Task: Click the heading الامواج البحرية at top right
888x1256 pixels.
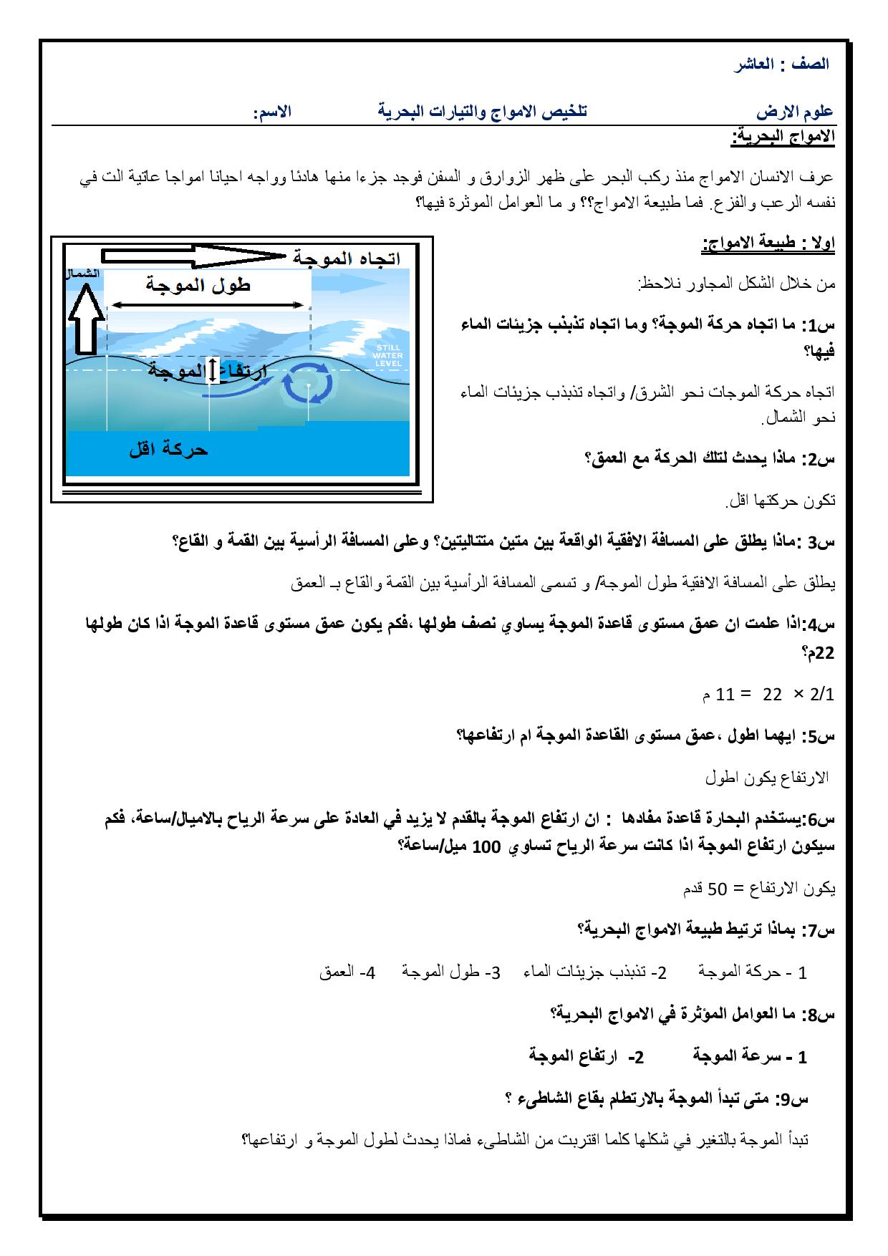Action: tap(782, 137)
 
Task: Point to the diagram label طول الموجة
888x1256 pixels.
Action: tap(198, 285)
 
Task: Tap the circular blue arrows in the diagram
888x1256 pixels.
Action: tap(307, 384)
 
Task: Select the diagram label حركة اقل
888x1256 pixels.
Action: tap(168, 450)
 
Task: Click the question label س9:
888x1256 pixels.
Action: tap(793, 1098)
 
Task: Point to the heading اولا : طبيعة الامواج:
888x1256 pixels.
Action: tap(768, 245)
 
